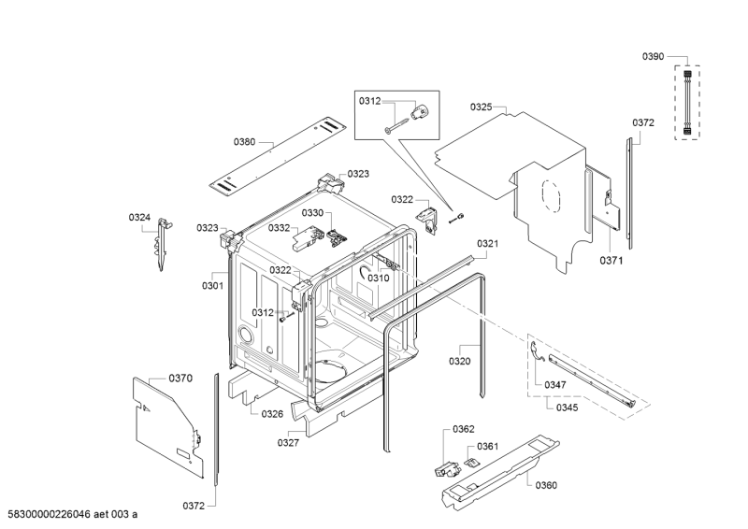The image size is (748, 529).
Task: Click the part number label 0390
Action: [x=653, y=57]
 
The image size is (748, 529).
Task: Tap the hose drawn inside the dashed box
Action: [x=689, y=101]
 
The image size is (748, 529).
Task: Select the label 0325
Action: [x=482, y=107]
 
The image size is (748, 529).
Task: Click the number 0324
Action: [x=139, y=218]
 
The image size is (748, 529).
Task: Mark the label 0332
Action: [x=280, y=227]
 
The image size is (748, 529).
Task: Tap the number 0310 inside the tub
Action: [x=378, y=278]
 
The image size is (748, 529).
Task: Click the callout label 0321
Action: [x=488, y=244]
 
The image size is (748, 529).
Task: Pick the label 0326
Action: [x=272, y=413]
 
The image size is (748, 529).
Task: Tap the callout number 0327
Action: [x=288, y=443]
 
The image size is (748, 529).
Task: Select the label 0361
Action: [x=487, y=446]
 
